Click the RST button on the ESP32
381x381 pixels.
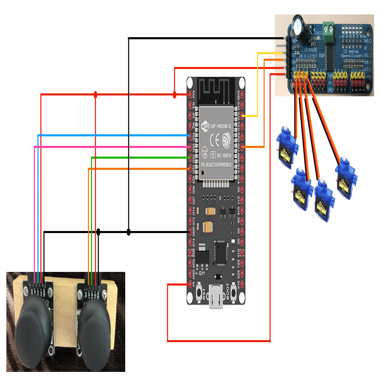(200, 293)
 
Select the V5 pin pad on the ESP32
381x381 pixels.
(190, 284)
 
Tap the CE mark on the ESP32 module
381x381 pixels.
(214, 139)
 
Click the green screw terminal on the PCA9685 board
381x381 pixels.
(329, 29)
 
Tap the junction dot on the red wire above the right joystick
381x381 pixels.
(95, 95)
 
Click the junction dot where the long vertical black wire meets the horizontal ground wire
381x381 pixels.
(129, 232)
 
